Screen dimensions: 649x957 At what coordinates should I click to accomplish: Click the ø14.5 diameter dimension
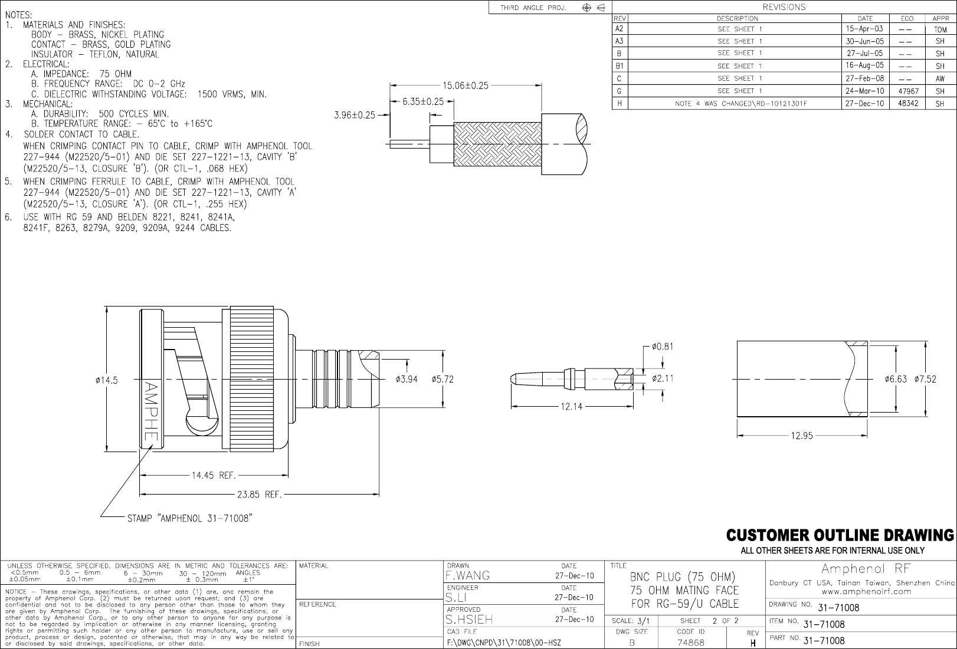click(107, 380)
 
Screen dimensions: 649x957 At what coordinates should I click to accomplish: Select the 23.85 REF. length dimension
click(258, 495)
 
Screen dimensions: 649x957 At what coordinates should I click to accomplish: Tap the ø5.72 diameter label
click(443, 379)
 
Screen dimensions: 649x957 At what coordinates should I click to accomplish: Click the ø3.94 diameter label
click(407, 379)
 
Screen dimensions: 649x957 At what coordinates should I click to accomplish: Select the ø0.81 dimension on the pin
click(662, 347)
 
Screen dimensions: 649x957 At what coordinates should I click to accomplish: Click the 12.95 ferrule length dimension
click(802, 436)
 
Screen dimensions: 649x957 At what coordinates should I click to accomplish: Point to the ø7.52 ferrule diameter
click(925, 379)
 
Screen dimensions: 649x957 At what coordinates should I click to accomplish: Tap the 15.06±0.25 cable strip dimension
click(466, 85)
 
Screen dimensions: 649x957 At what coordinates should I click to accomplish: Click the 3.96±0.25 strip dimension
click(354, 115)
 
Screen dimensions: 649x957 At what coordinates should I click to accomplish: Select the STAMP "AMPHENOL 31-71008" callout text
click(190, 519)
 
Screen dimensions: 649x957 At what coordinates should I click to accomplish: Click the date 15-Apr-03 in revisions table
click(864, 29)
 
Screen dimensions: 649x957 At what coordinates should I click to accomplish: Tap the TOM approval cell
click(940, 29)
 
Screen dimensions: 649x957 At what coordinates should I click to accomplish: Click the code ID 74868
click(690, 643)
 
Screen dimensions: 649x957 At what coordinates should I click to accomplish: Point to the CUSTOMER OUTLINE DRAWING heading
click(840, 535)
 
